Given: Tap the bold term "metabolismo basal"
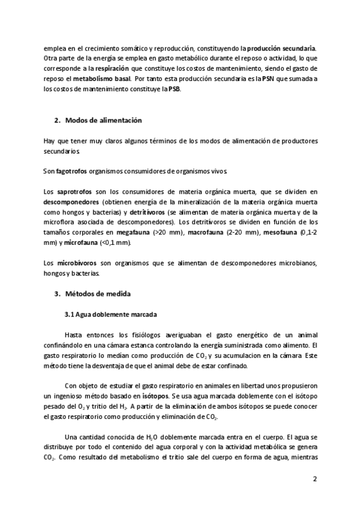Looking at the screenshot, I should tap(105, 79).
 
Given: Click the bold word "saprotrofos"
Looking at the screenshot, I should tap(74, 191).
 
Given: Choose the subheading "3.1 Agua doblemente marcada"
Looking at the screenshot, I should tap(111, 314).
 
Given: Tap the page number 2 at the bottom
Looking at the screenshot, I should tap(314, 479).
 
